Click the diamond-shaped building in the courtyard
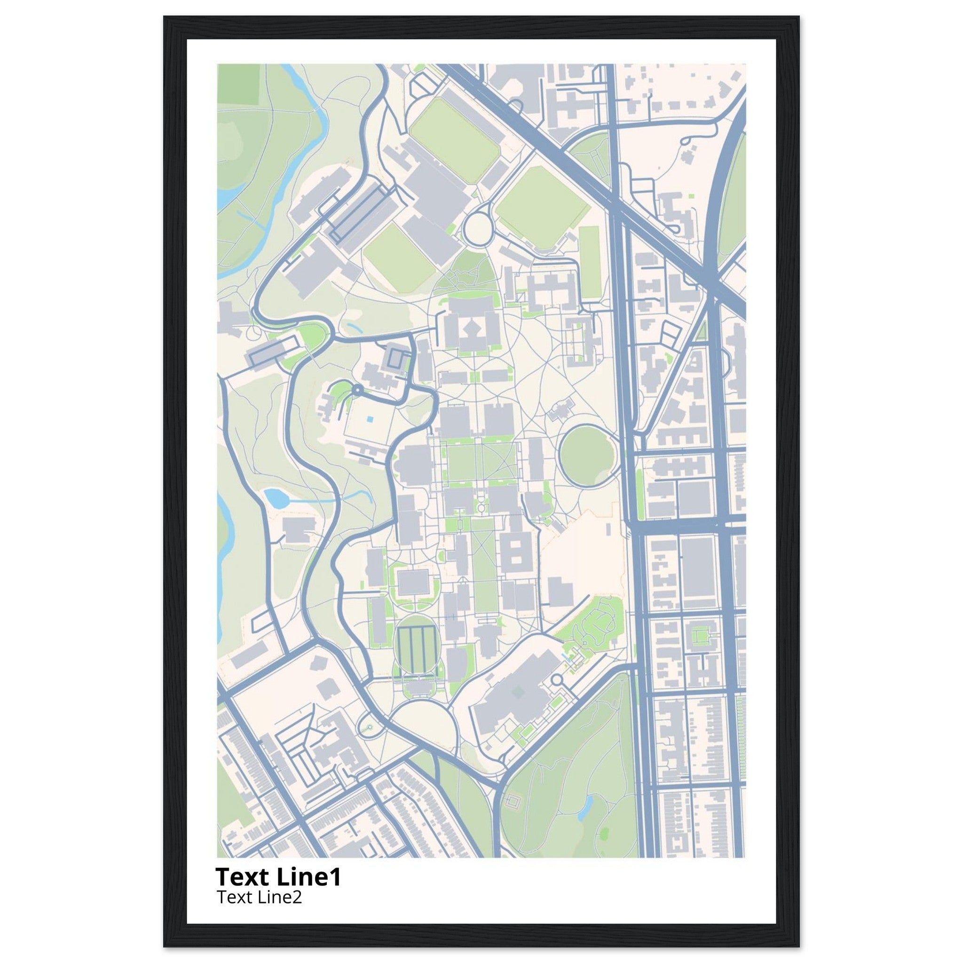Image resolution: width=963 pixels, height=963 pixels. pyautogui.click(x=471, y=327)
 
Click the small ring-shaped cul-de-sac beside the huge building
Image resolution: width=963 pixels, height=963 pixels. pyautogui.click(x=557, y=679)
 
